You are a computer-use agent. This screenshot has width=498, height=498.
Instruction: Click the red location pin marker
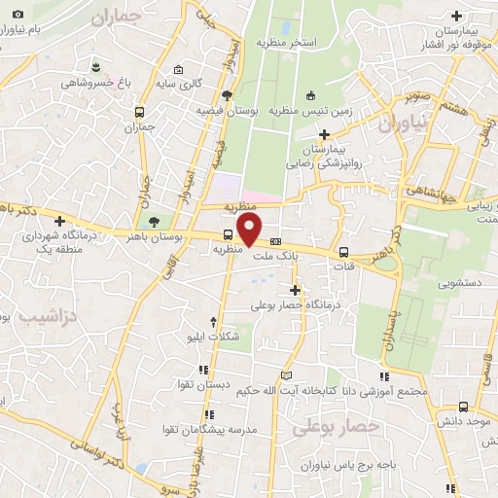tap(250, 230)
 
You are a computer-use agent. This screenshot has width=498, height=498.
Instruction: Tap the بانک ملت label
tap(271, 257)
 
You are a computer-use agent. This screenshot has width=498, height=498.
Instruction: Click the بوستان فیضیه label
tap(226, 111)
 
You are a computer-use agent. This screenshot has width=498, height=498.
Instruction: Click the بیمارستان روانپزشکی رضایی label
tap(323, 158)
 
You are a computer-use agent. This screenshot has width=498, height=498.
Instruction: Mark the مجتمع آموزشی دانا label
tap(393, 391)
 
